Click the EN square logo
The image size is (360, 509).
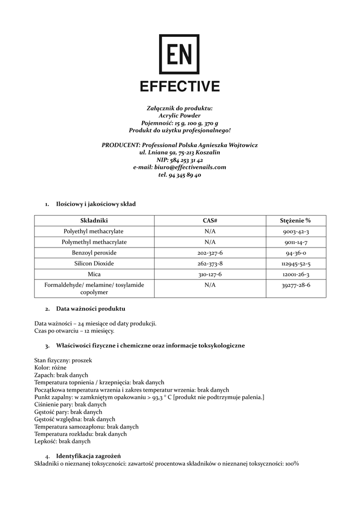(x=179, y=54)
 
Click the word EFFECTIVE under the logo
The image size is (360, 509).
(x=180, y=86)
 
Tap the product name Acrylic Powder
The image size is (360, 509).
(x=180, y=115)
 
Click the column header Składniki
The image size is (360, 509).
(x=93, y=220)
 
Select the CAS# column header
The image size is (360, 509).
(x=210, y=220)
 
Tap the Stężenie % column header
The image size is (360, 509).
(x=295, y=220)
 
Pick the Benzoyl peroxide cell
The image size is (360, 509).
(x=93, y=253)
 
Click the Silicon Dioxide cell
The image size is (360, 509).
(x=93, y=263)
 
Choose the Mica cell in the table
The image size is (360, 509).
(x=93, y=274)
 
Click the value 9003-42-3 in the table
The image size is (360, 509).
(x=295, y=232)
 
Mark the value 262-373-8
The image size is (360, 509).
(x=210, y=263)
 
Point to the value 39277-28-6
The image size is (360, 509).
(x=295, y=285)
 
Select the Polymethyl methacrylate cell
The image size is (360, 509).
(x=93, y=242)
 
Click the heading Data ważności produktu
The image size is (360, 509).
(x=90, y=309)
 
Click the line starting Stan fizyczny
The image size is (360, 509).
(x=63, y=360)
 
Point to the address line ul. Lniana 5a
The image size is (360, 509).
(x=180, y=153)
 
